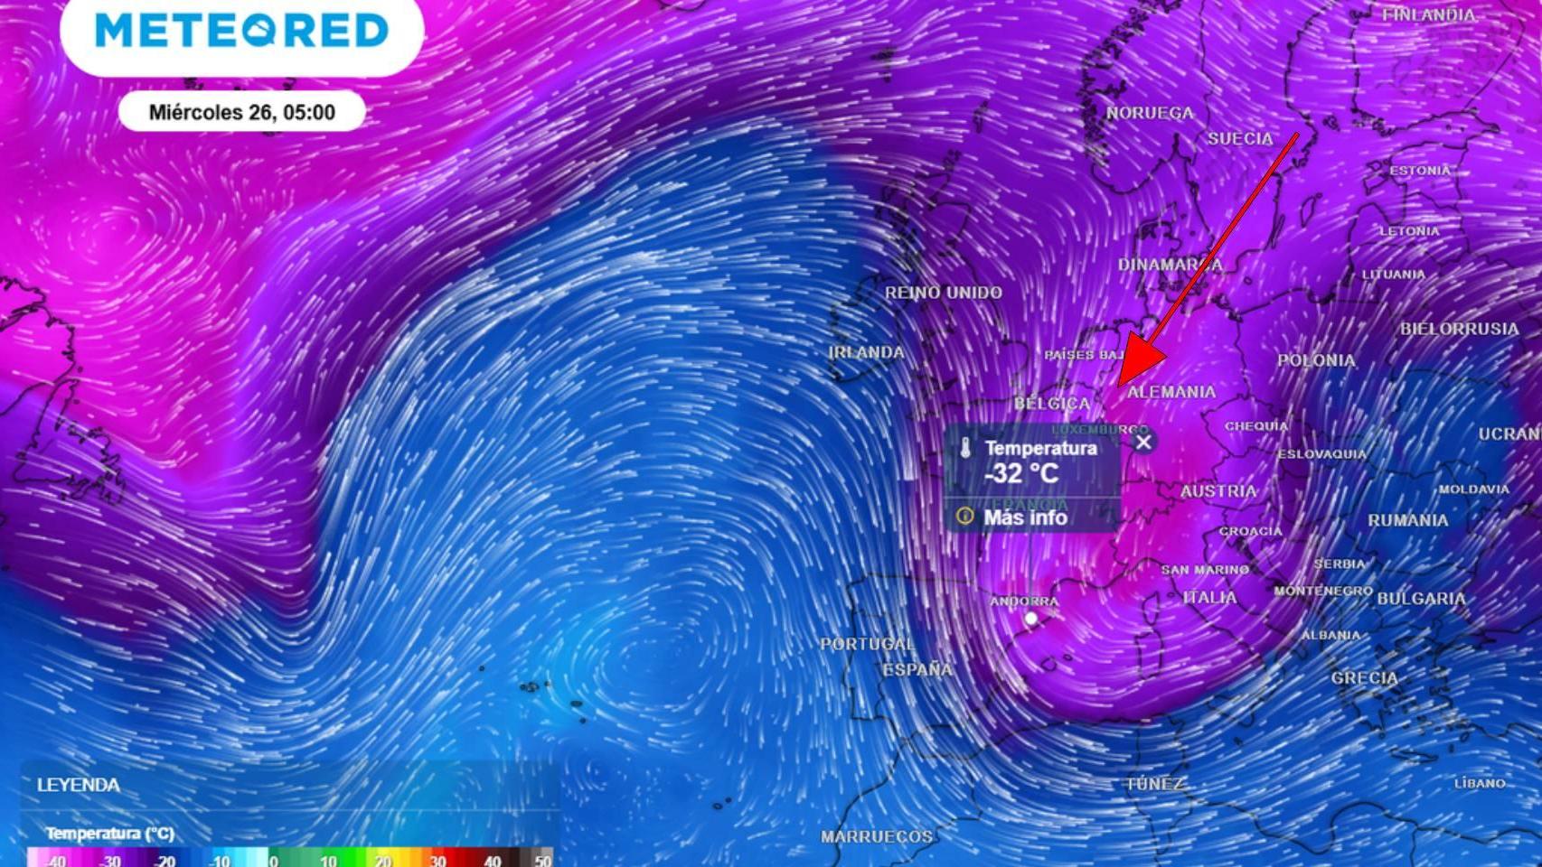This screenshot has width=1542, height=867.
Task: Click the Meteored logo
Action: click(242, 30)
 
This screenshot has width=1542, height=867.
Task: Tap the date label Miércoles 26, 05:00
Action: click(241, 112)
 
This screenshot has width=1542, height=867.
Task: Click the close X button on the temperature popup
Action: click(1143, 442)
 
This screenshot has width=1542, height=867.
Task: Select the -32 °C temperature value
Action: click(1021, 473)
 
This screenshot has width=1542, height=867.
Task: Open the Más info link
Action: click(1025, 517)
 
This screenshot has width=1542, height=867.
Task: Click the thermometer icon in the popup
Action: click(965, 448)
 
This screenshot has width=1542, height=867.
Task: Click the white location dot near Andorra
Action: click(1030, 619)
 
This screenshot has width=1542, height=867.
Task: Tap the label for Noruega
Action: click(1150, 113)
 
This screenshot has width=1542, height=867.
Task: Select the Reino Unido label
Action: click(943, 293)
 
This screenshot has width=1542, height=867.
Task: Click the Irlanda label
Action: click(866, 352)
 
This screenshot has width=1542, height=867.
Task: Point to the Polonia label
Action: click(1316, 360)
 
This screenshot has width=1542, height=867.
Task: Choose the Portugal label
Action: click(867, 644)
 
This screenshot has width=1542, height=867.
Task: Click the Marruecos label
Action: click(876, 837)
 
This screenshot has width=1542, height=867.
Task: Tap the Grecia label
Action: click(1364, 677)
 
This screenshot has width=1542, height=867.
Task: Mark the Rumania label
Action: click(1407, 520)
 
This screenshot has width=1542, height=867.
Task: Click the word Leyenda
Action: click(78, 785)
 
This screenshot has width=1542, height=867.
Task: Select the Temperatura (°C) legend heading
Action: click(109, 833)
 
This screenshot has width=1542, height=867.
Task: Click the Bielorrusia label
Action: click(1459, 329)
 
